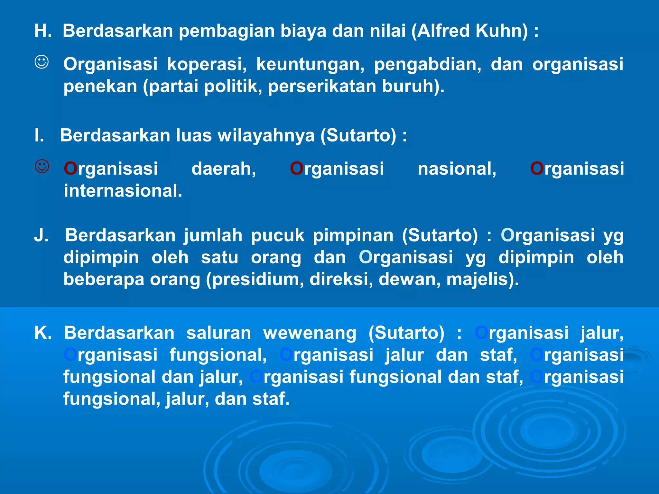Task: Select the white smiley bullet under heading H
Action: [42, 62]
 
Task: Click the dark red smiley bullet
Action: [42, 167]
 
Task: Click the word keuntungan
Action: [310, 64]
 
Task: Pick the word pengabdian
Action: [427, 64]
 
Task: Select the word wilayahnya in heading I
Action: [266, 135]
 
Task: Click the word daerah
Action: [224, 169]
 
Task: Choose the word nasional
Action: [457, 169]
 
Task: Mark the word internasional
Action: [123, 191]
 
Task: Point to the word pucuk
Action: [277, 235]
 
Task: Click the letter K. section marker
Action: [43, 333]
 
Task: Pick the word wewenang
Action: [310, 333]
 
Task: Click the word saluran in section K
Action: [219, 333]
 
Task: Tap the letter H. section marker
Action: [43, 31]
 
